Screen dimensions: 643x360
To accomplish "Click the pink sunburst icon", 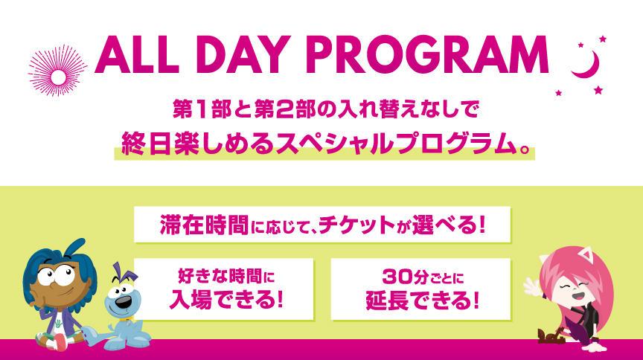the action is click(57, 71).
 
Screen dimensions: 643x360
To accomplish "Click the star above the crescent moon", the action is click(602, 39).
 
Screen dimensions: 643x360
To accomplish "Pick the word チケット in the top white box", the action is click(356, 225).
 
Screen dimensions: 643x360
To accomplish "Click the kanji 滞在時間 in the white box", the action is click(204, 225).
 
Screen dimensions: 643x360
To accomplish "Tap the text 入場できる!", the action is click(226, 299).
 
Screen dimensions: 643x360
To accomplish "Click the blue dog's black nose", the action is click(122, 303).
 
